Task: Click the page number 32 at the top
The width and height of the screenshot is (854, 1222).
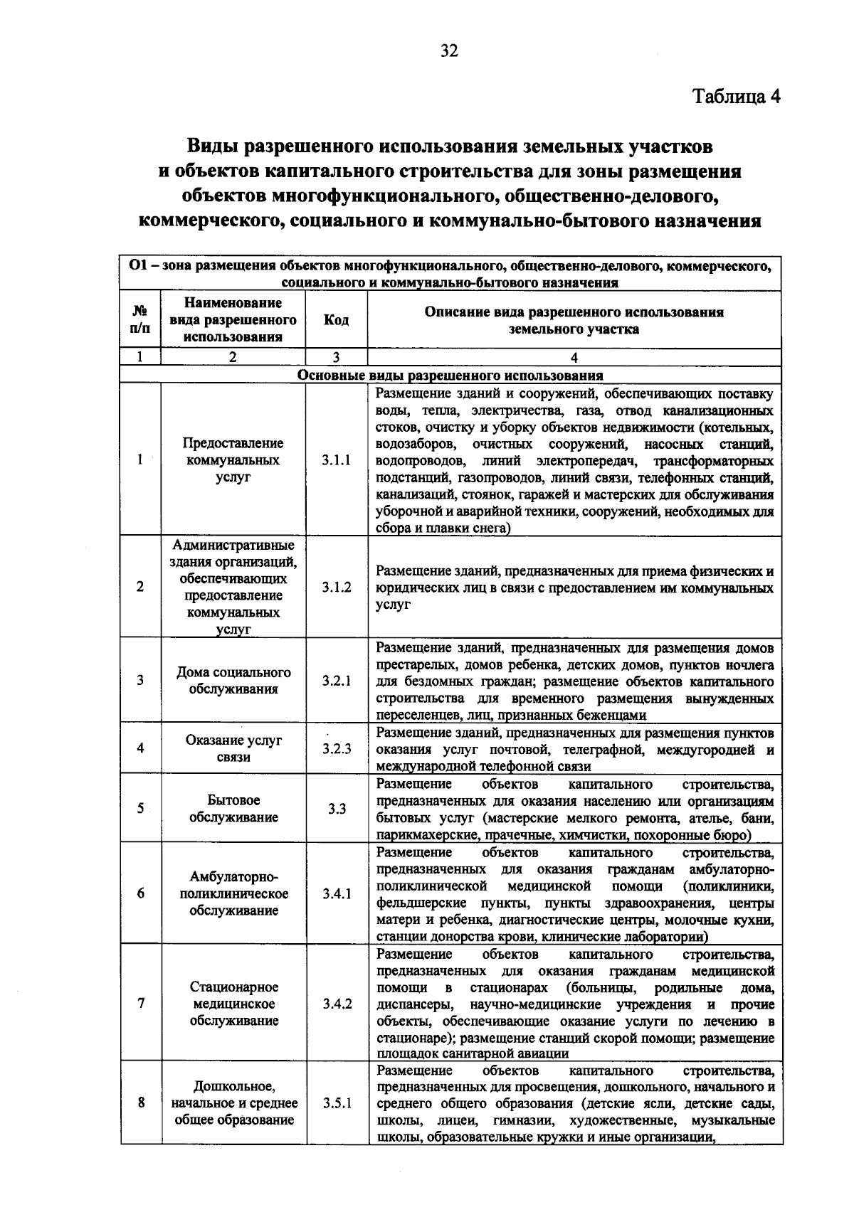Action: point(449,51)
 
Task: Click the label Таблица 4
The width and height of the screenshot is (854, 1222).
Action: point(737,97)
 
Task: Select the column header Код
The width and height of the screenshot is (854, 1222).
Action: point(336,320)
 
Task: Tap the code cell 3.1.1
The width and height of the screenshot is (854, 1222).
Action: point(336,460)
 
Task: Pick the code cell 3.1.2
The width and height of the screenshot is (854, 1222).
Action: point(336,588)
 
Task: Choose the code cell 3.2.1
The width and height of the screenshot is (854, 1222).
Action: point(336,681)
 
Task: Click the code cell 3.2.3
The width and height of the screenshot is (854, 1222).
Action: point(336,748)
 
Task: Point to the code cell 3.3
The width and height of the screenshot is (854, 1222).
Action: point(336,809)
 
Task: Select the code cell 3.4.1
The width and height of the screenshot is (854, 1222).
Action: point(336,894)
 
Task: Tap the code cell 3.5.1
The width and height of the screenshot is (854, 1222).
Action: point(336,1104)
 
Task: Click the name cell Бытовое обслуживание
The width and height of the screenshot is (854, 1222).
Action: point(233,809)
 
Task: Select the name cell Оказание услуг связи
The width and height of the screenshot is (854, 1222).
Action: point(233,748)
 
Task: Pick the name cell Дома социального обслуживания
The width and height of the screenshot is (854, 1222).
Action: point(233,681)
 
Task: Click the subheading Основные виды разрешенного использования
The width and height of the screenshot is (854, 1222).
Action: point(450,375)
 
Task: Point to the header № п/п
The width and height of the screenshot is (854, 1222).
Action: point(140,320)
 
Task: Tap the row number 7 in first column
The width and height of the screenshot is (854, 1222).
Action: point(141,1004)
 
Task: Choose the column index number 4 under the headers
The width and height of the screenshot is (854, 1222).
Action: point(574,358)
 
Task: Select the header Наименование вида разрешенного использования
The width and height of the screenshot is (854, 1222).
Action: point(233,320)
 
